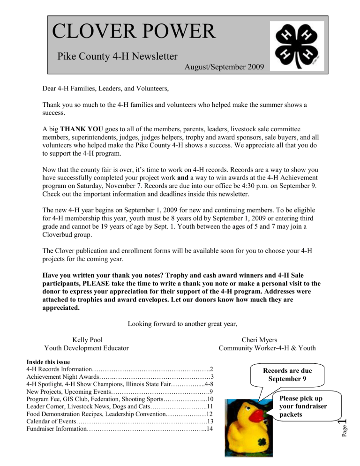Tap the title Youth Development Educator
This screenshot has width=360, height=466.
click(x=87, y=348)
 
